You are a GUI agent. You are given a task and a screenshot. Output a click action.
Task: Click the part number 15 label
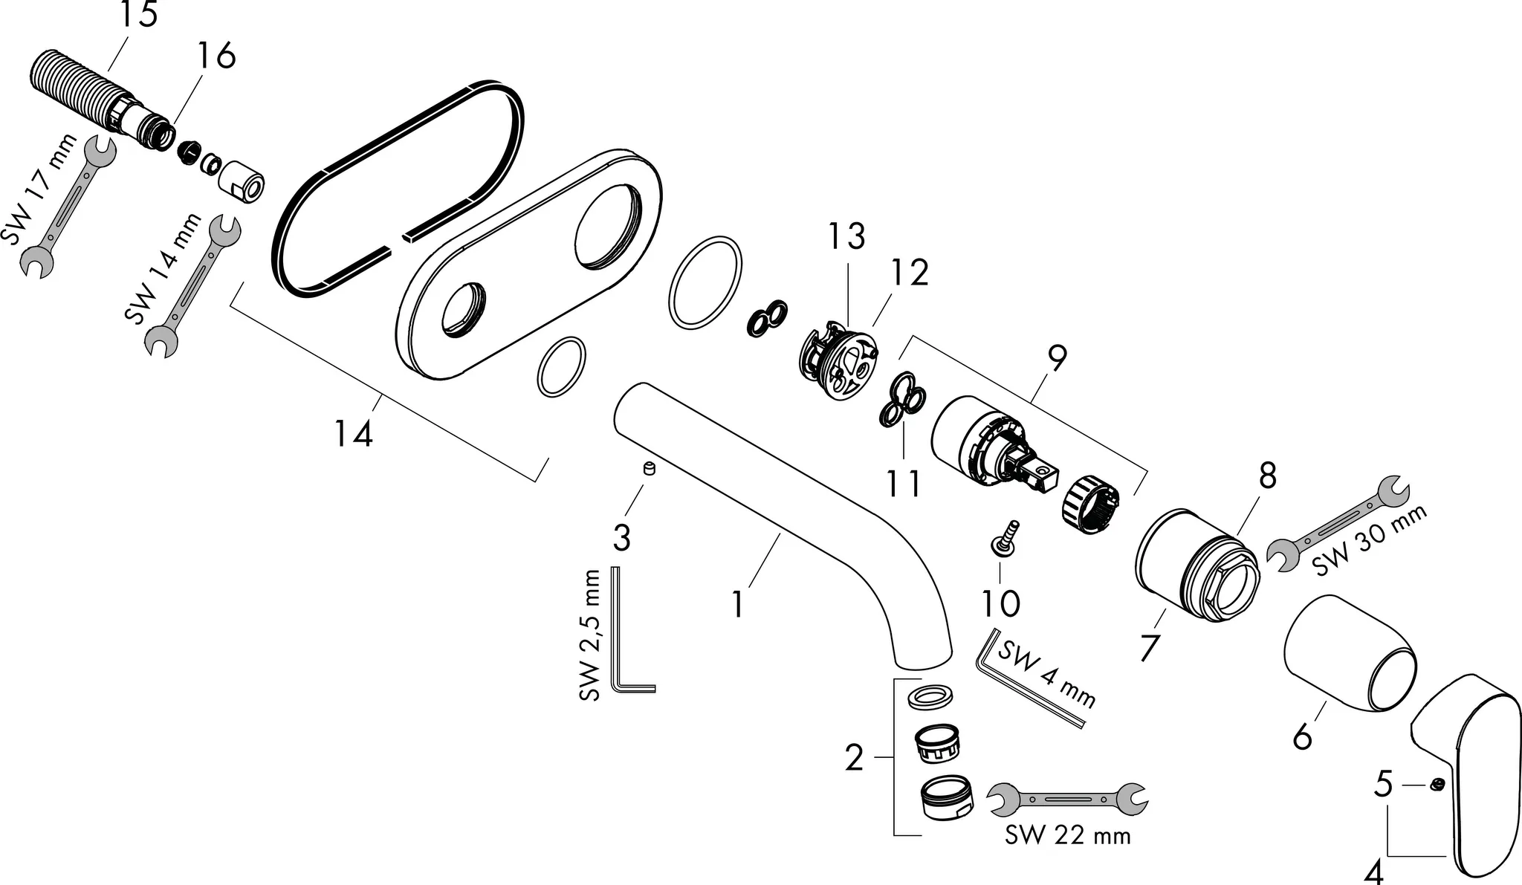139,15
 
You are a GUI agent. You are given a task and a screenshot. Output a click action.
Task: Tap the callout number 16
216,56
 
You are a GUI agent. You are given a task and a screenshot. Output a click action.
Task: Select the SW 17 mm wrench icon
68,208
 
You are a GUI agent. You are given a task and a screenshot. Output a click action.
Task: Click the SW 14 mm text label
163,269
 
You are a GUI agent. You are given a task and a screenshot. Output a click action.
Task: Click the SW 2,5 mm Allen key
624,632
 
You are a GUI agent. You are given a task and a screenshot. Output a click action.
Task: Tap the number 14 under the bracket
353,433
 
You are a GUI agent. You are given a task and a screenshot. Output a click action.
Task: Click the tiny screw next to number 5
1437,785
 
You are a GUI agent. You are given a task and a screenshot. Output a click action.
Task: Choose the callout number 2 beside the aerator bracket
854,759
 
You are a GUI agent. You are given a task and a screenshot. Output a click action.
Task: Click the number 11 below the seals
904,484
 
